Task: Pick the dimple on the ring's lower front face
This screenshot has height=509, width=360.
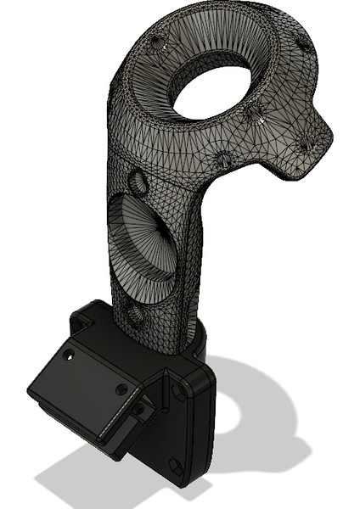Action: pyautogui.click(x=223, y=159)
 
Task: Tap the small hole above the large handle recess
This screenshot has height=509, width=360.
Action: pyautogui.click(x=136, y=181)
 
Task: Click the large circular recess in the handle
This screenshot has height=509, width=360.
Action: pyautogui.click(x=144, y=246)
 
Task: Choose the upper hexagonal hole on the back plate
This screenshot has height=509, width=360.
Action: pyautogui.click(x=179, y=390)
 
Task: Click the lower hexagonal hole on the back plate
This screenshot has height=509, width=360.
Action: pyautogui.click(x=173, y=465)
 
